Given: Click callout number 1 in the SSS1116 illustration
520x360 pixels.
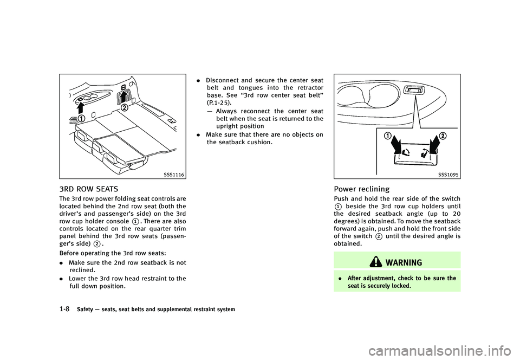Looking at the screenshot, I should coord(81,119).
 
